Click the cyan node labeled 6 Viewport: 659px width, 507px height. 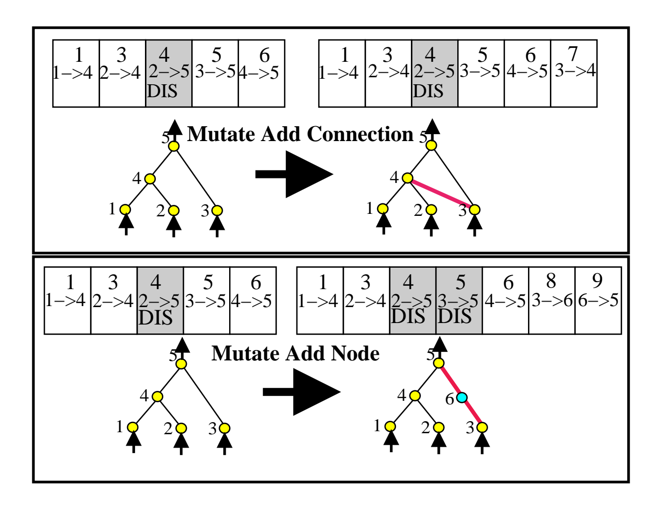coord(462,397)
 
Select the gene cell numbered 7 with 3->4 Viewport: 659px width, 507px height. coord(574,73)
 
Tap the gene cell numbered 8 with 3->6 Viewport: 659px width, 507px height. coord(551,301)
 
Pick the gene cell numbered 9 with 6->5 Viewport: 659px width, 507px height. coord(598,301)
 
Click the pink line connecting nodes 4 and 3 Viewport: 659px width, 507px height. coord(441,193)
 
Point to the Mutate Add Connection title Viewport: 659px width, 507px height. coord(300,134)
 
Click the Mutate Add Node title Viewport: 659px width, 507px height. coord(295,353)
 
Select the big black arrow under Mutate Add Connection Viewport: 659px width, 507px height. coord(294,174)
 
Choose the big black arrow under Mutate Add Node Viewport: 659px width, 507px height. coord(301,392)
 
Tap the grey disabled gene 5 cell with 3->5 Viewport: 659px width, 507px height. coord(459,301)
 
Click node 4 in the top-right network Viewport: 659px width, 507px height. coord(407,178)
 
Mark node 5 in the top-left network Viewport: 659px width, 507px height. coord(173,146)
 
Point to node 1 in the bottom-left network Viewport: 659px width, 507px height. coord(132,427)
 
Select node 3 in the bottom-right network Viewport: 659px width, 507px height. coord(482,427)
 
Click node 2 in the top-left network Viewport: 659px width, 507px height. coord(173,210)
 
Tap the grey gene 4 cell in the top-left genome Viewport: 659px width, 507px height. coord(169,73)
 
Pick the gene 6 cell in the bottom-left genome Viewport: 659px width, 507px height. coord(253,301)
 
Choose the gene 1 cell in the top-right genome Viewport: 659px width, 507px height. coord(342,73)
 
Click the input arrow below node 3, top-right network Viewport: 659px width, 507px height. coord(475,225)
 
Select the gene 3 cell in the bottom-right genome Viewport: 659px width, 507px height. coord(366,301)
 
